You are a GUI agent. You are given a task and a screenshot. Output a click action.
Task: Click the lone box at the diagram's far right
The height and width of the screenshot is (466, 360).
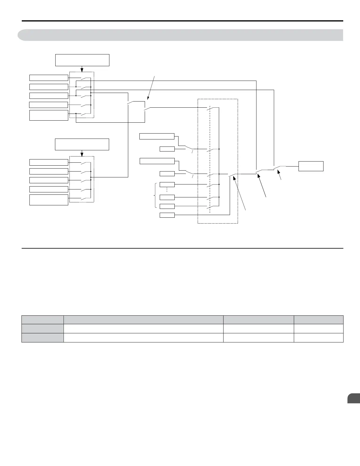[311, 166]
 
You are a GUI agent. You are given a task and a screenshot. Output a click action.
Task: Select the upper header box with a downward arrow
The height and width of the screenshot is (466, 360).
[82, 60]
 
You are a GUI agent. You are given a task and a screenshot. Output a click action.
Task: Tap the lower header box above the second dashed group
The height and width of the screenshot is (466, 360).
[82, 144]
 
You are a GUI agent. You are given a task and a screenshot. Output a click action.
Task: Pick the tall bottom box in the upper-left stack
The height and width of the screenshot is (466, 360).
[49, 115]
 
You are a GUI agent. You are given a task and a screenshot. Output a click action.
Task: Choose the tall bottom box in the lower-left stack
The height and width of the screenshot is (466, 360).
[49, 200]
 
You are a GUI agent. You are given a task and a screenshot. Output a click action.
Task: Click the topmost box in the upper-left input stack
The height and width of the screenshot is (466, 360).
[49, 78]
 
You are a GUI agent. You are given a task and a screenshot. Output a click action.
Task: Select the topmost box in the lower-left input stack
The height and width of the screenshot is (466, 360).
[49, 162]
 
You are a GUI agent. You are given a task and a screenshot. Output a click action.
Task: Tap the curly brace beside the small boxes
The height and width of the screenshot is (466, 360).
[155, 195]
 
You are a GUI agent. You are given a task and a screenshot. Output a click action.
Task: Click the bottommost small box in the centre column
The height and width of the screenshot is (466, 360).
[167, 215]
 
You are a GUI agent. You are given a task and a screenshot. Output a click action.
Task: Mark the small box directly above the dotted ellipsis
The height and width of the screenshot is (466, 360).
[167, 184]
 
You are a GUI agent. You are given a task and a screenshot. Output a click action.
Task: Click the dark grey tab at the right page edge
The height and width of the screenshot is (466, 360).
[354, 398]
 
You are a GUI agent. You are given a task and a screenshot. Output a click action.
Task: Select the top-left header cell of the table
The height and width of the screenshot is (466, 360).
[43, 320]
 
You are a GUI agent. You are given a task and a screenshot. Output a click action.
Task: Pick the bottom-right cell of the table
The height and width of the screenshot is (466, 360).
[319, 338]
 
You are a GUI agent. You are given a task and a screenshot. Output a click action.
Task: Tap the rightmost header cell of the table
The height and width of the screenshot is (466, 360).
[319, 320]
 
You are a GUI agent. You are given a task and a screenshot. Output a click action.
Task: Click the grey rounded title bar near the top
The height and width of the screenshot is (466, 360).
[180, 35]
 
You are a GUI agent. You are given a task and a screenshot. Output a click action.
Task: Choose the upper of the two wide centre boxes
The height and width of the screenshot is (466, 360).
[157, 136]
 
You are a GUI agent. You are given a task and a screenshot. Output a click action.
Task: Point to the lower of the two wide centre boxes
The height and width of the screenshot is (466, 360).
[157, 161]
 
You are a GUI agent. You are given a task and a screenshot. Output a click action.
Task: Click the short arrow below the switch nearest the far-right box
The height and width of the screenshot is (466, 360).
[280, 176]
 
